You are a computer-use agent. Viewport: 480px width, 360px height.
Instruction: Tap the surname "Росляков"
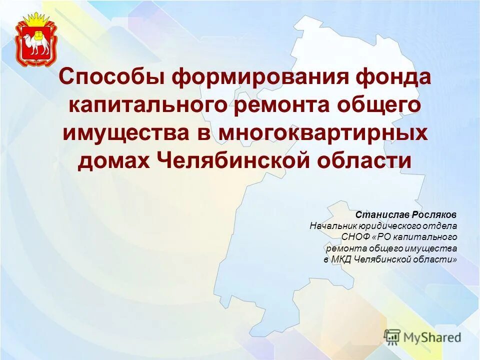(435, 214)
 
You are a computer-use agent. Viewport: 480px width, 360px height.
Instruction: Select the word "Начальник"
(330, 226)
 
